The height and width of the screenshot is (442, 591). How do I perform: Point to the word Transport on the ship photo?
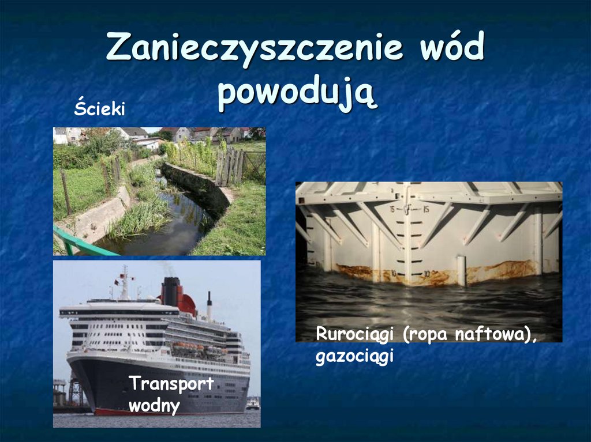pos(171,384)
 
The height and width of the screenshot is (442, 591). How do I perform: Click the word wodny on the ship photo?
pos(154,405)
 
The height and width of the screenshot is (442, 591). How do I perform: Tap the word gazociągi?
pos(354,357)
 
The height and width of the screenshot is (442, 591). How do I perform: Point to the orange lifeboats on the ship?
pos(190,347)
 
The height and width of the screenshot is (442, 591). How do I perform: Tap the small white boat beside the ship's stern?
pos(252,405)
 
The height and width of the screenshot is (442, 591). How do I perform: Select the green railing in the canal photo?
pos(81,242)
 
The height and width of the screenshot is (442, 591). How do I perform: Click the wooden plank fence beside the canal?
pos(229,167)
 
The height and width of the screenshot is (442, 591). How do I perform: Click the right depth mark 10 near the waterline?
pos(427,273)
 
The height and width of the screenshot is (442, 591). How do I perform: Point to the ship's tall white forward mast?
pos(124,282)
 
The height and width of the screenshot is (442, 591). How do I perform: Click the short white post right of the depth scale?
pos(461,270)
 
